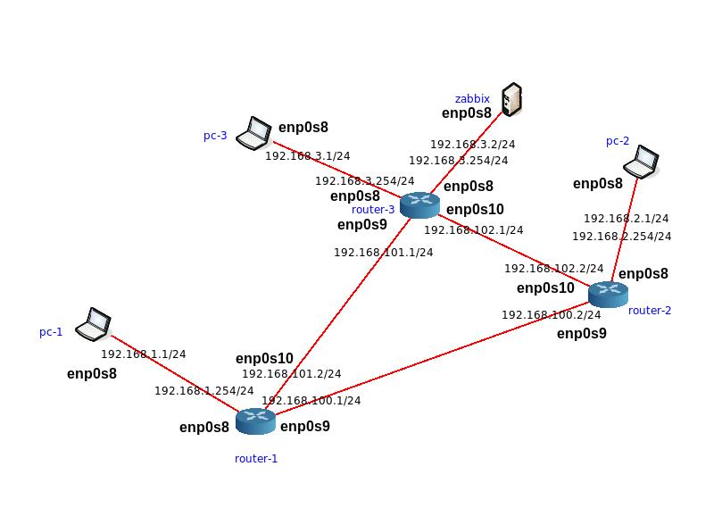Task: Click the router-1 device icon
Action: [255, 421]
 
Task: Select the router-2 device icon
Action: [608, 294]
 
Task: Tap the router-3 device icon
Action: [419, 205]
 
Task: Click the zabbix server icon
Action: [511, 99]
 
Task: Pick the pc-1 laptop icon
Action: [92, 324]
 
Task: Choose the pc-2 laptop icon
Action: [641, 162]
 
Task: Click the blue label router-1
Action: [256, 459]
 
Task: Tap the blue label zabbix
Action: [472, 98]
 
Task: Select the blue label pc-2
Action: [618, 141]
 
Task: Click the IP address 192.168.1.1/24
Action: [143, 354]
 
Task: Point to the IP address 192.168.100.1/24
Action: [311, 400]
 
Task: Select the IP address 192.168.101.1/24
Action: [383, 252]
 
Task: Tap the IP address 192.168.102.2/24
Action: [553, 268]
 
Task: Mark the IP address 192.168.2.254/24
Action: [621, 237]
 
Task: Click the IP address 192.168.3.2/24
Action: [472, 144]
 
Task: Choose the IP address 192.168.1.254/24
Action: [203, 390]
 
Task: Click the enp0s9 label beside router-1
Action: [305, 427]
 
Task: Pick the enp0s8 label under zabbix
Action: [467, 113]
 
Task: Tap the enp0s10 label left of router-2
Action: [545, 288]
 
